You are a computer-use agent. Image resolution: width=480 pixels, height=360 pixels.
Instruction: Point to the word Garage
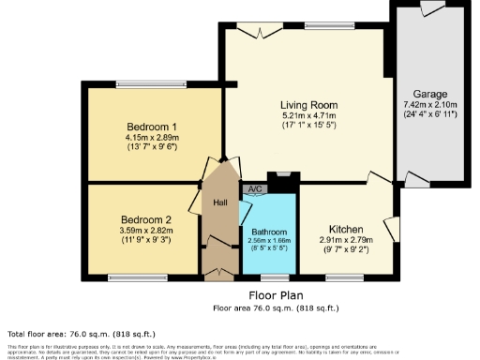coord(431,94)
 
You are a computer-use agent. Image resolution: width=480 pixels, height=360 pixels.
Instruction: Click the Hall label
coord(219,202)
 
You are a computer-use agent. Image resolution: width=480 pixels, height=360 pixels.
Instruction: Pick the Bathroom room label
coord(268,231)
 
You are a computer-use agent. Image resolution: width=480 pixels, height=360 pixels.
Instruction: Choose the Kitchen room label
coord(345,229)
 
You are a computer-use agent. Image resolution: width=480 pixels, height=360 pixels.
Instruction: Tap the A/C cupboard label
coord(253,189)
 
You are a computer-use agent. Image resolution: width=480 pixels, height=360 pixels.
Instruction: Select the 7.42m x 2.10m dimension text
coord(431,105)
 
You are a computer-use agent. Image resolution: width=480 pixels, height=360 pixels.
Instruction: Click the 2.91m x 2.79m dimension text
coord(345,241)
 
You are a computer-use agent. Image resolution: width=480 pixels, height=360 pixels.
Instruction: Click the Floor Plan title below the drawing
coord(275,294)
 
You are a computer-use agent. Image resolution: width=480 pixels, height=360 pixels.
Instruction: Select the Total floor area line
coord(81,334)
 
